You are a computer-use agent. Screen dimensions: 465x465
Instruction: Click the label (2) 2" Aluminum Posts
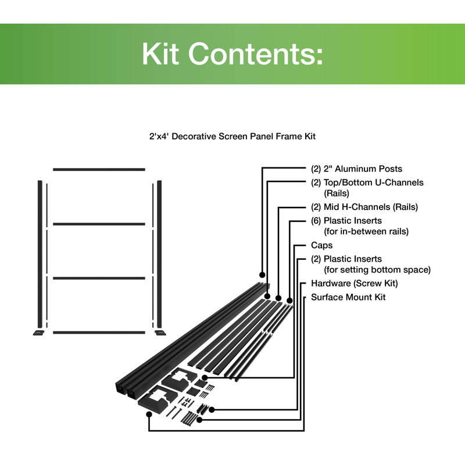(x=356, y=169)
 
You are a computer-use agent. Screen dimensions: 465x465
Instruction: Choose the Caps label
(x=321, y=245)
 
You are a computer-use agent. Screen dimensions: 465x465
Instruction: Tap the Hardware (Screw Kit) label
(x=355, y=284)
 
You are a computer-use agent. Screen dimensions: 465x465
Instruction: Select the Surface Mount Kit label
(x=348, y=297)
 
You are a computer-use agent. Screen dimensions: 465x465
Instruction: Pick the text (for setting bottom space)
(x=377, y=270)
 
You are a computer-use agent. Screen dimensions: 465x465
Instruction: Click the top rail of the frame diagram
(x=99, y=169)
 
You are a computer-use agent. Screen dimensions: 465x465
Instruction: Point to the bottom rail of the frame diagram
(x=99, y=332)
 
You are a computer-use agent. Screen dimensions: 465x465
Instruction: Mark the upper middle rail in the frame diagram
(x=99, y=224)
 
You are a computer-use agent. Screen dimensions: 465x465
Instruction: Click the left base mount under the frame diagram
(x=38, y=333)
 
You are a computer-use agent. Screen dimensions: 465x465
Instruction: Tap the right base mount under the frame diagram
(x=159, y=333)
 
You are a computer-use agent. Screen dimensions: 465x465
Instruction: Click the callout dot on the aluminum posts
(x=262, y=274)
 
